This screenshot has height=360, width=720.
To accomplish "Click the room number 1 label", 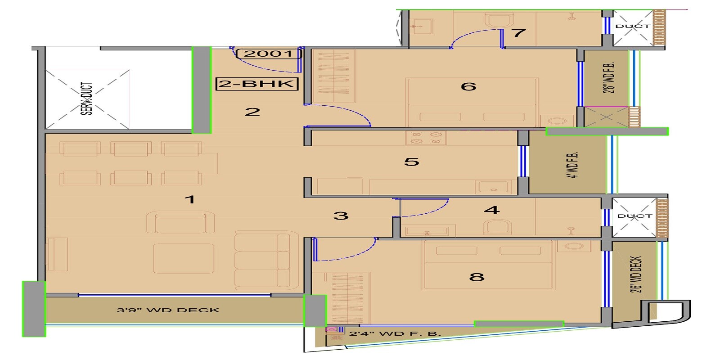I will (190, 199).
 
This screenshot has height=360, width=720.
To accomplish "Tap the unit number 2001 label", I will (268, 54).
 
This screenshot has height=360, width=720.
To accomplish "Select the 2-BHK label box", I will (257, 84).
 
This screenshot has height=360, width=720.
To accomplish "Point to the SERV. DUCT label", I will (87, 99).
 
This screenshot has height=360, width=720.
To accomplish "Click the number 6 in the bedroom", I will (468, 86).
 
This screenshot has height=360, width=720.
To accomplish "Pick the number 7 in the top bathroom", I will (519, 33).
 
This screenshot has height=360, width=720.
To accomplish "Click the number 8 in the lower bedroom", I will (477, 277).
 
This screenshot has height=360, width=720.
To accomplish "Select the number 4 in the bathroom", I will (492, 210).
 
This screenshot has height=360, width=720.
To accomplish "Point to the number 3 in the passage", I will (341, 216).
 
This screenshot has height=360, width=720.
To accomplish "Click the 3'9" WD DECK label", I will (168, 310).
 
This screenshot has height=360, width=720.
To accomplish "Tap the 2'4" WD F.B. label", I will (395, 334).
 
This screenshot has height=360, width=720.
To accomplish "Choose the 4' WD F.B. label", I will (572, 165).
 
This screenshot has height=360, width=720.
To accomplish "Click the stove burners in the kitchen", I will (426, 138).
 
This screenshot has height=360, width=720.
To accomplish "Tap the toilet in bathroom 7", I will (499, 20).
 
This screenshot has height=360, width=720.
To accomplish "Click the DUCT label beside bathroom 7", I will (633, 26).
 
